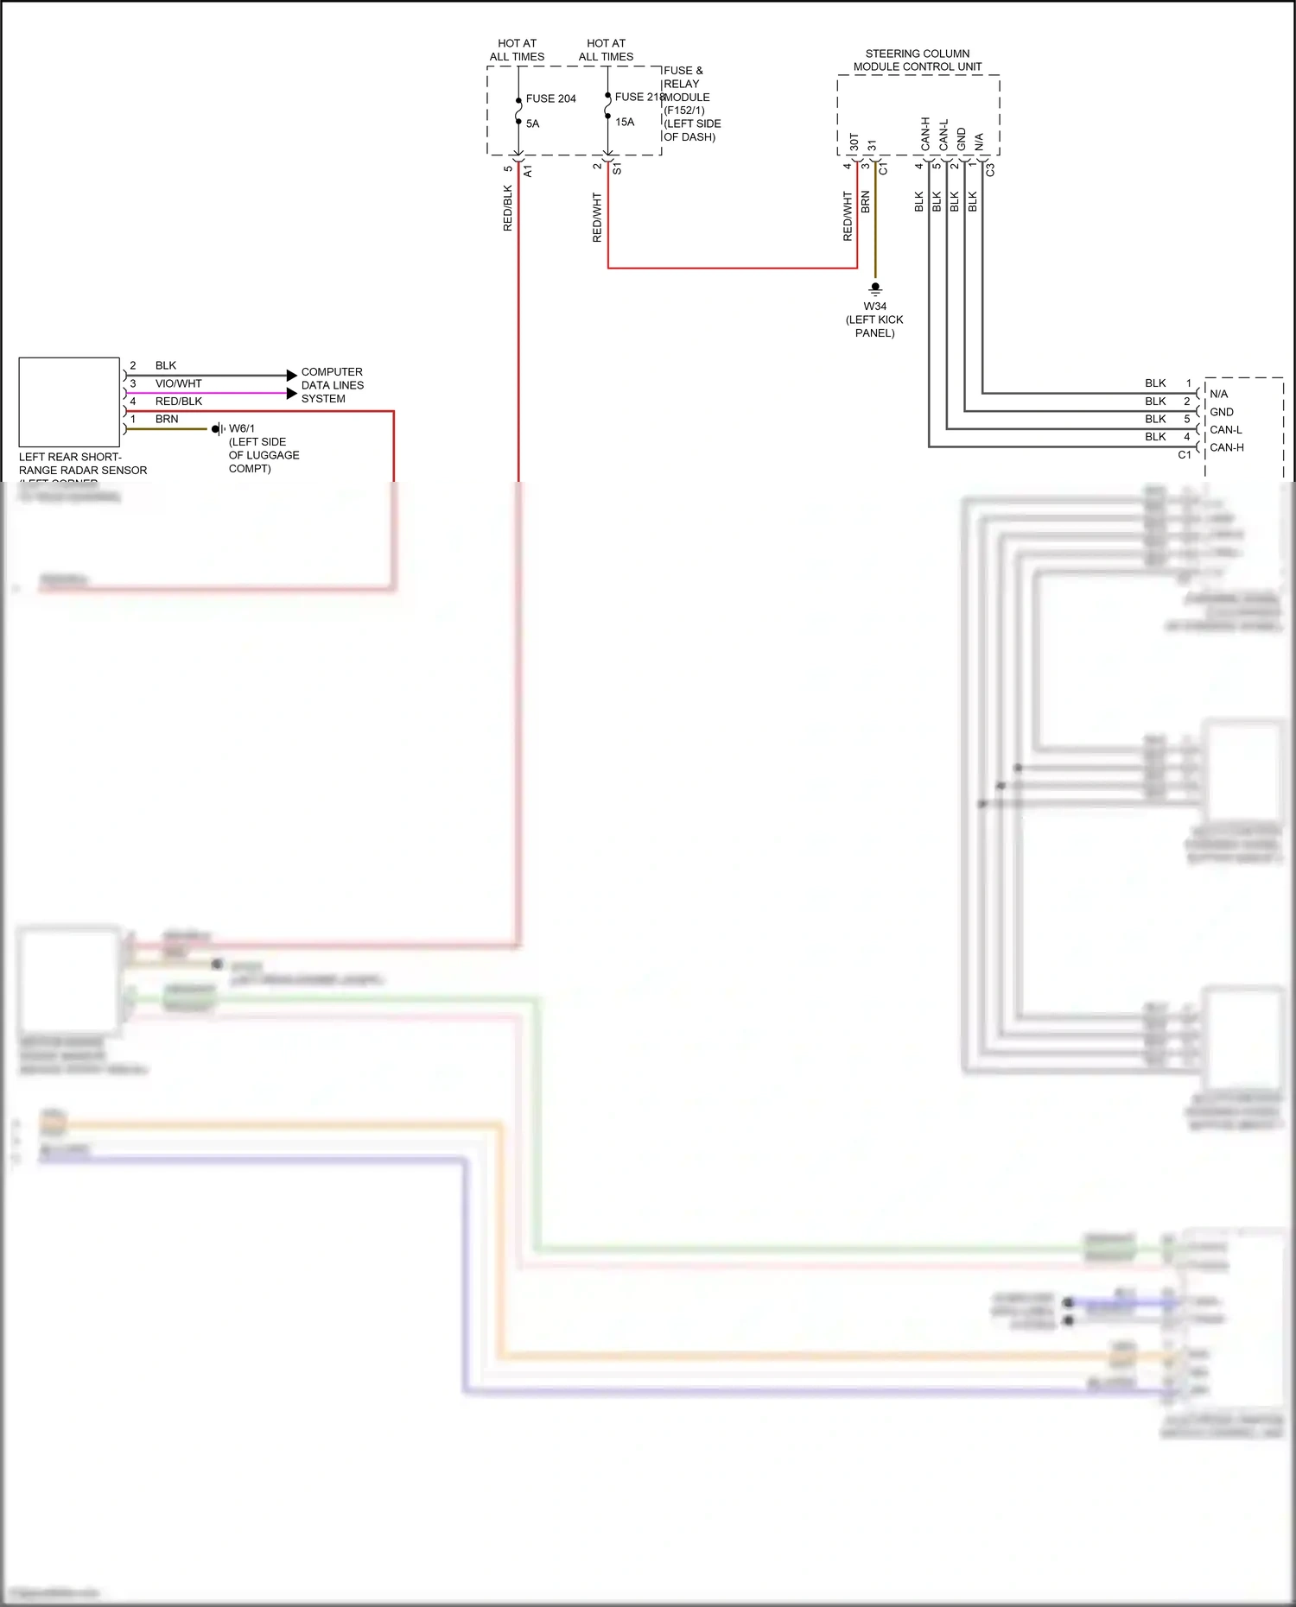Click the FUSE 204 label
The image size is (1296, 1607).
point(550,98)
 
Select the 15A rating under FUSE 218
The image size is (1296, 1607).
point(625,122)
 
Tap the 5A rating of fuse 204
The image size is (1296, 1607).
point(532,123)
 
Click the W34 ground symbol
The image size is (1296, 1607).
point(875,288)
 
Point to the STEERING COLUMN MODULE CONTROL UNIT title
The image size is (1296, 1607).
point(918,60)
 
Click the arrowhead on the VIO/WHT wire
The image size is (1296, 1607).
point(291,394)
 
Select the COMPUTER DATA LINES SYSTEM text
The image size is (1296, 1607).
point(333,385)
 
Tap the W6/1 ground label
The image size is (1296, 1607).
point(242,428)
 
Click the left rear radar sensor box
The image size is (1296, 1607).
point(69,402)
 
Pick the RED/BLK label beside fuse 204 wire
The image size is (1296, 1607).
point(508,207)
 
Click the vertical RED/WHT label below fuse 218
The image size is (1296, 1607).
point(597,217)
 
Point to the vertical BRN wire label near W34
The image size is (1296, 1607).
point(866,203)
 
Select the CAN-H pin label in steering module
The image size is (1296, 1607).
point(925,134)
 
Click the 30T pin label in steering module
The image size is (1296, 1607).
point(854,142)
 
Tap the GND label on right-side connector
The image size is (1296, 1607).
point(1221,412)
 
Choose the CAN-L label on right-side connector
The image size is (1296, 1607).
point(1225,430)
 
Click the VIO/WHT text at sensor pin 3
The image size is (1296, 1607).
point(178,383)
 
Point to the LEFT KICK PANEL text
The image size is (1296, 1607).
point(874,326)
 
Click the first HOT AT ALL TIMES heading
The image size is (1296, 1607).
point(517,50)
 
